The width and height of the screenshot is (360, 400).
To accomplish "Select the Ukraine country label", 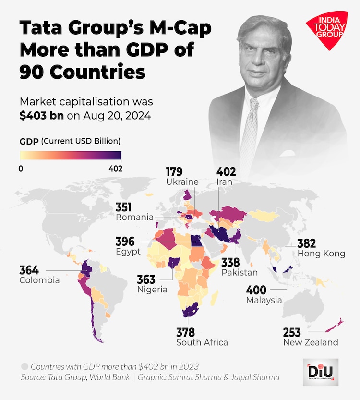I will point(182,182).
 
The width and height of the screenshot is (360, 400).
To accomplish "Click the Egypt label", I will point(128,252).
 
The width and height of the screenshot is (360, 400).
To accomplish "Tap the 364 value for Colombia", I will point(29,269).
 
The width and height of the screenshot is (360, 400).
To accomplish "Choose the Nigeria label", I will point(152,290).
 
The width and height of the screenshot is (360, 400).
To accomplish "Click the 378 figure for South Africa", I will point(186,332).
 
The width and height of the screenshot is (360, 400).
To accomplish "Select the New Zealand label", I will point(311,342).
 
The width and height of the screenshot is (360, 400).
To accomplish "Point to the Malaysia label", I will point(264,300).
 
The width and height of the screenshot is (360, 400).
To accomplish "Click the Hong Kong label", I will point(321,254).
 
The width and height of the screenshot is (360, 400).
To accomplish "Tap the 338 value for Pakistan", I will point(230,262).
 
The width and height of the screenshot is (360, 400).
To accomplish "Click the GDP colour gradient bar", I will point(71,156).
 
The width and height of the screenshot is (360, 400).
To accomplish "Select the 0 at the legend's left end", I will point(21,169).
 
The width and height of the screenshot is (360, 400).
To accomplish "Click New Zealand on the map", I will point(332,325).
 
